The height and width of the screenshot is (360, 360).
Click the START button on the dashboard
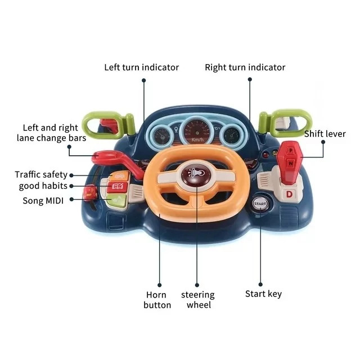[x=260, y=204]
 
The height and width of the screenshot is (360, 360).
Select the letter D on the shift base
[x=289, y=194]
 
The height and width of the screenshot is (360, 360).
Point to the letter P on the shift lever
[x=291, y=151]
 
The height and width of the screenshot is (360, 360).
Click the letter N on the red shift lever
[x=291, y=164]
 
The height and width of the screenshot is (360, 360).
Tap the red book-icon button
[x=118, y=187]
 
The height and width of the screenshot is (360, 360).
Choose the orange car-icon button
[x=119, y=176]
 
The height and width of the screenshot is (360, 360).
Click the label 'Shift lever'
[x=325, y=134]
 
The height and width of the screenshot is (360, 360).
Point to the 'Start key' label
[x=263, y=294]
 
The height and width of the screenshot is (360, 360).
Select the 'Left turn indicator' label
[x=142, y=67]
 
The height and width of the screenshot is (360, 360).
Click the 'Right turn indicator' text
[x=245, y=67]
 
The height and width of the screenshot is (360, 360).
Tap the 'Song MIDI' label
[x=43, y=201]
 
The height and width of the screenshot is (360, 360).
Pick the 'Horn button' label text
[x=157, y=300]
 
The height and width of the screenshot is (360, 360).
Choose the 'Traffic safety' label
[x=41, y=174]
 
